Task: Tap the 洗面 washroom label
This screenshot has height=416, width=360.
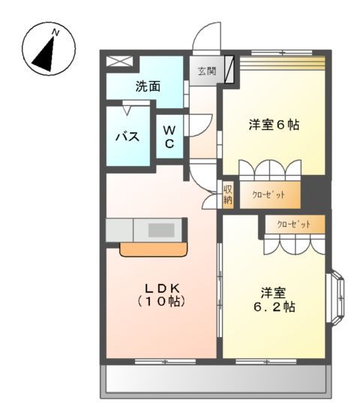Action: [148, 86]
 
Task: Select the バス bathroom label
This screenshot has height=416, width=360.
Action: [126, 137]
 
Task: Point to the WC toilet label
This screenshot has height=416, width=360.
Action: [170, 137]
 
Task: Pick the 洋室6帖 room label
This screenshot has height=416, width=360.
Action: [274, 125]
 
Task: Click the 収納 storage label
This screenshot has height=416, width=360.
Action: [228, 194]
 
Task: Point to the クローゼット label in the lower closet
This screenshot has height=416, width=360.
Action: [292, 225]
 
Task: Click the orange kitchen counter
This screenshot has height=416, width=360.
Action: [153, 249]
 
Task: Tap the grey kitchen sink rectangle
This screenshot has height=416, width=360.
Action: [160, 230]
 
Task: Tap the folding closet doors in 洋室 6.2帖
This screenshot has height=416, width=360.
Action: [293, 245]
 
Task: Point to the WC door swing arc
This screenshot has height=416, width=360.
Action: [202, 124]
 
